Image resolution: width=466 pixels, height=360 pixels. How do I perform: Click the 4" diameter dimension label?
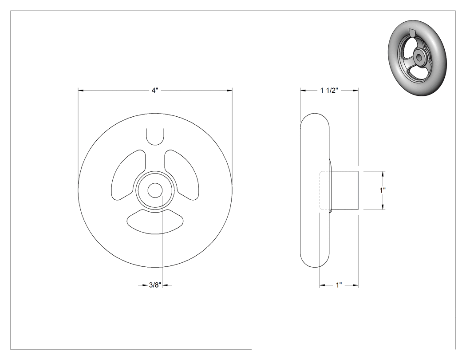(x=154, y=91)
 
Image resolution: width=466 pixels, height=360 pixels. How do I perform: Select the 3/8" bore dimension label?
(x=155, y=285)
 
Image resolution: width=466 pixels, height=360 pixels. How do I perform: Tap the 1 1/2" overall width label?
(x=329, y=91)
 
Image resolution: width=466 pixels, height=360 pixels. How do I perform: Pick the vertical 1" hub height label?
(x=383, y=190)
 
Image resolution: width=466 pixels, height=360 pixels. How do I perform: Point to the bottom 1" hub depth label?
(x=339, y=285)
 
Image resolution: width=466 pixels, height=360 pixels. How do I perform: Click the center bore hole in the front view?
(x=155, y=190)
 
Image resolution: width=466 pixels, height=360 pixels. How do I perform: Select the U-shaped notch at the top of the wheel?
(x=155, y=137)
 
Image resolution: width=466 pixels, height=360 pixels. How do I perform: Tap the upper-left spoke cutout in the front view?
(x=128, y=175)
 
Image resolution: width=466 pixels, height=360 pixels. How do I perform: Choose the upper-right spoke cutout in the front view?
(x=181, y=175)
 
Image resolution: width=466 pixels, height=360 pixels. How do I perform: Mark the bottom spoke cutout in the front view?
(x=155, y=222)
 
